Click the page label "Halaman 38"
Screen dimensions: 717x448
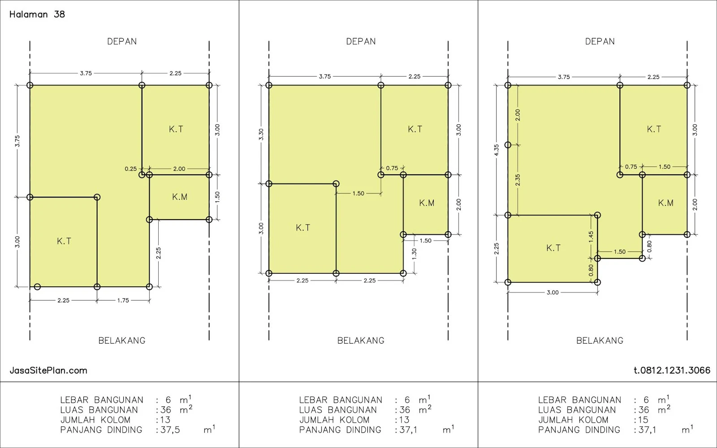coord(37,14)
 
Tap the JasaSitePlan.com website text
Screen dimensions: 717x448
coord(48,370)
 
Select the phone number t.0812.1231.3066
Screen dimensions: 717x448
coord(672,370)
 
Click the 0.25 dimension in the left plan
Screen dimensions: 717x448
coord(130,168)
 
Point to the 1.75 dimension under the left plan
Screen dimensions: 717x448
coord(123,300)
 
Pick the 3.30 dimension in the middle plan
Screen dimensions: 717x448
coord(261,134)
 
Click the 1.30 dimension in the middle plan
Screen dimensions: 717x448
coord(414,254)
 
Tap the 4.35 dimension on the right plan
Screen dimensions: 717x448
coord(497,150)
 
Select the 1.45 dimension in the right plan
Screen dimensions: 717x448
coord(591,237)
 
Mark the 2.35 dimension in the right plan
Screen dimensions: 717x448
coord(518,180)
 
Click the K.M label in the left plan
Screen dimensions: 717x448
coord(180,197)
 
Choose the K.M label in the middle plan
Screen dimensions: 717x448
coord(427,203)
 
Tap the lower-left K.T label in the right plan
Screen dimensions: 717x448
coord(553,248)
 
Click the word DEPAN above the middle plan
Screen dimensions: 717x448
coord(361,42)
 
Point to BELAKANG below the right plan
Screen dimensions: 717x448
coord(600,340)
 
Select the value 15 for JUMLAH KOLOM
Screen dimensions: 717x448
coord(643,420)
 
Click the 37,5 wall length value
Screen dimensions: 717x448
coord(170,430)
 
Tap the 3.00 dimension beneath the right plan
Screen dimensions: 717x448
coord(553,292)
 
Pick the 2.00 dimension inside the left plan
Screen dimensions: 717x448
coord(179,168)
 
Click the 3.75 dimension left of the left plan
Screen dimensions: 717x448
coord(17,141)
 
